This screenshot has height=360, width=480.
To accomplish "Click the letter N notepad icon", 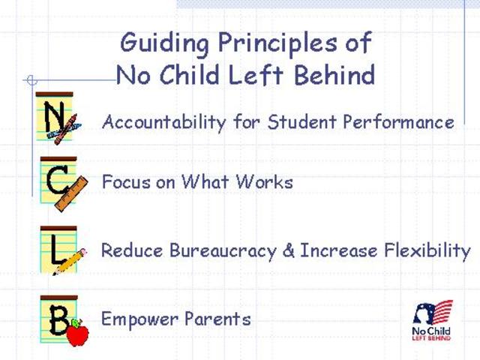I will coord(57,118).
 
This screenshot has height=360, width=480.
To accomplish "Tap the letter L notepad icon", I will coord(58,249).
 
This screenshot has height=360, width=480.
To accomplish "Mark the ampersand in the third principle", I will coord(289,250).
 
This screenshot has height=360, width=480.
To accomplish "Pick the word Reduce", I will coord(124,250).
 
